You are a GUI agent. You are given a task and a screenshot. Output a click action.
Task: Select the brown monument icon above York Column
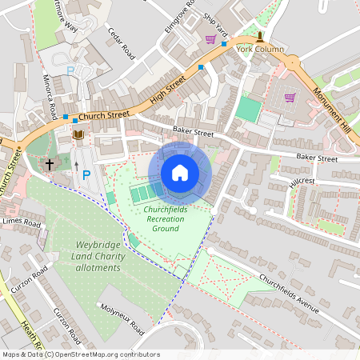[260, 37]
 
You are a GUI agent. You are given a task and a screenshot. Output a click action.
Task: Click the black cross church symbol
[50, 164]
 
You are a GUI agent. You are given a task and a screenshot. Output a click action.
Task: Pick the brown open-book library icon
[78, 134]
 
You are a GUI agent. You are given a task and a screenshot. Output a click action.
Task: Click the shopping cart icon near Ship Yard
[210, 39]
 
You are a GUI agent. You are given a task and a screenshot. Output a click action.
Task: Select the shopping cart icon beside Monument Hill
[290, 98]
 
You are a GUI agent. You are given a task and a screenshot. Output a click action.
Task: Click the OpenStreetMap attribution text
[81, 354]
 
